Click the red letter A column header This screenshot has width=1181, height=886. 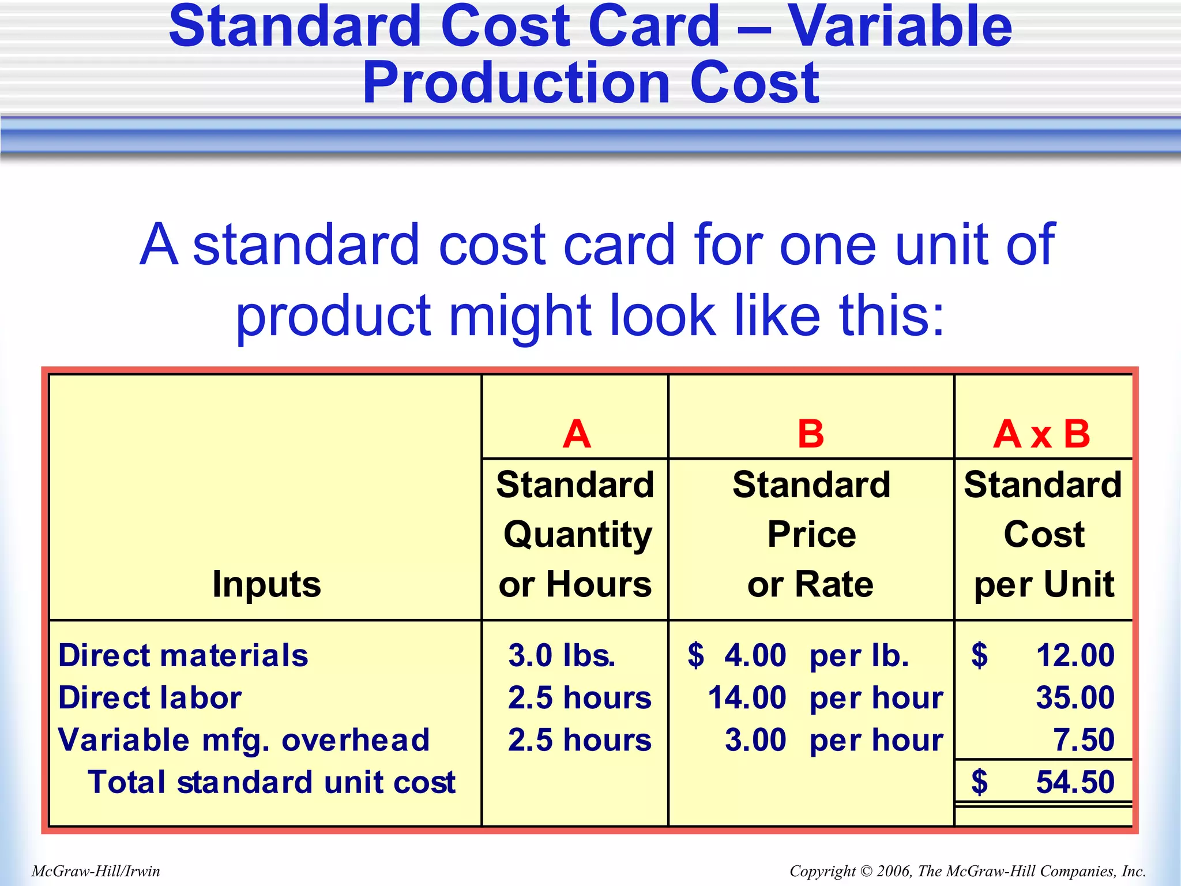(x=577, y=434)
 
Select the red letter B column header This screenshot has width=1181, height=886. (x=810, y=434)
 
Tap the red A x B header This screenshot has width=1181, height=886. (x=1041, y=434)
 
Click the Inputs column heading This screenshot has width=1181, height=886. (x=266, y=584)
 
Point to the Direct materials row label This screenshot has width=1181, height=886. (x=183, y=655)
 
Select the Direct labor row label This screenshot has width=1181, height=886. (x=150, y=697)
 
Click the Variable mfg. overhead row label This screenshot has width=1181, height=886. (x=244, y=740)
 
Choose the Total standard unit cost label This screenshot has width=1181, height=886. (x=272, y=782)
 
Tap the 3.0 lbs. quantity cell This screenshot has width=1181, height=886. (x=562, y=655)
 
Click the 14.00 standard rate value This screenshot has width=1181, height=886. (x=747, y=697)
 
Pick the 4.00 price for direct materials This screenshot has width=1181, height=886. (x=755, y=655)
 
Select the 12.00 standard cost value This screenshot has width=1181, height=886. (x=1075, y=655)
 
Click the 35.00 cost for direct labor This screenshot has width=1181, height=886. (x=1075, y=697)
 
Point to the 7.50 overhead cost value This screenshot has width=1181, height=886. (x=1084, y=740)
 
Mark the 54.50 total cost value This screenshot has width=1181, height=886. (x=1075, y=782)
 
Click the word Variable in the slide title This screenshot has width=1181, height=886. (x=900, y=27)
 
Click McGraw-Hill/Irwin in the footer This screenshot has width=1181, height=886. (x=96, y=871)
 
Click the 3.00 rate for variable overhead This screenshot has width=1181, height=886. (x=755, y=740)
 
